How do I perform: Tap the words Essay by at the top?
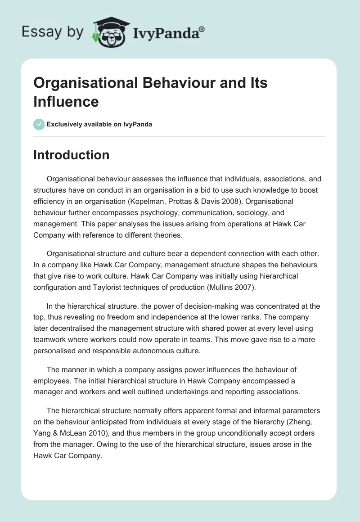tap(53, 32)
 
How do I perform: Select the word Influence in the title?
tap(66, 101)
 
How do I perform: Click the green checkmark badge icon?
tap(39, 124)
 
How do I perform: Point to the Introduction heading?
tap(72, 155)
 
